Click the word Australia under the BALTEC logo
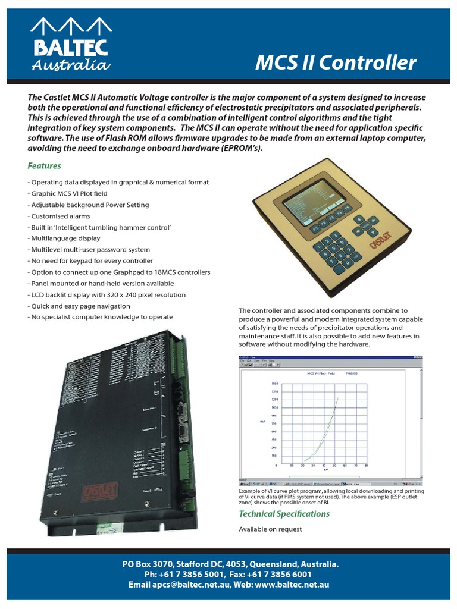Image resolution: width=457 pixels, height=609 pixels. (70, 65)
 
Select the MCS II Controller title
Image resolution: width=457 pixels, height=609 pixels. (336, 62)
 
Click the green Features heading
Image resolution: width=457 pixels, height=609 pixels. (44, 165)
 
